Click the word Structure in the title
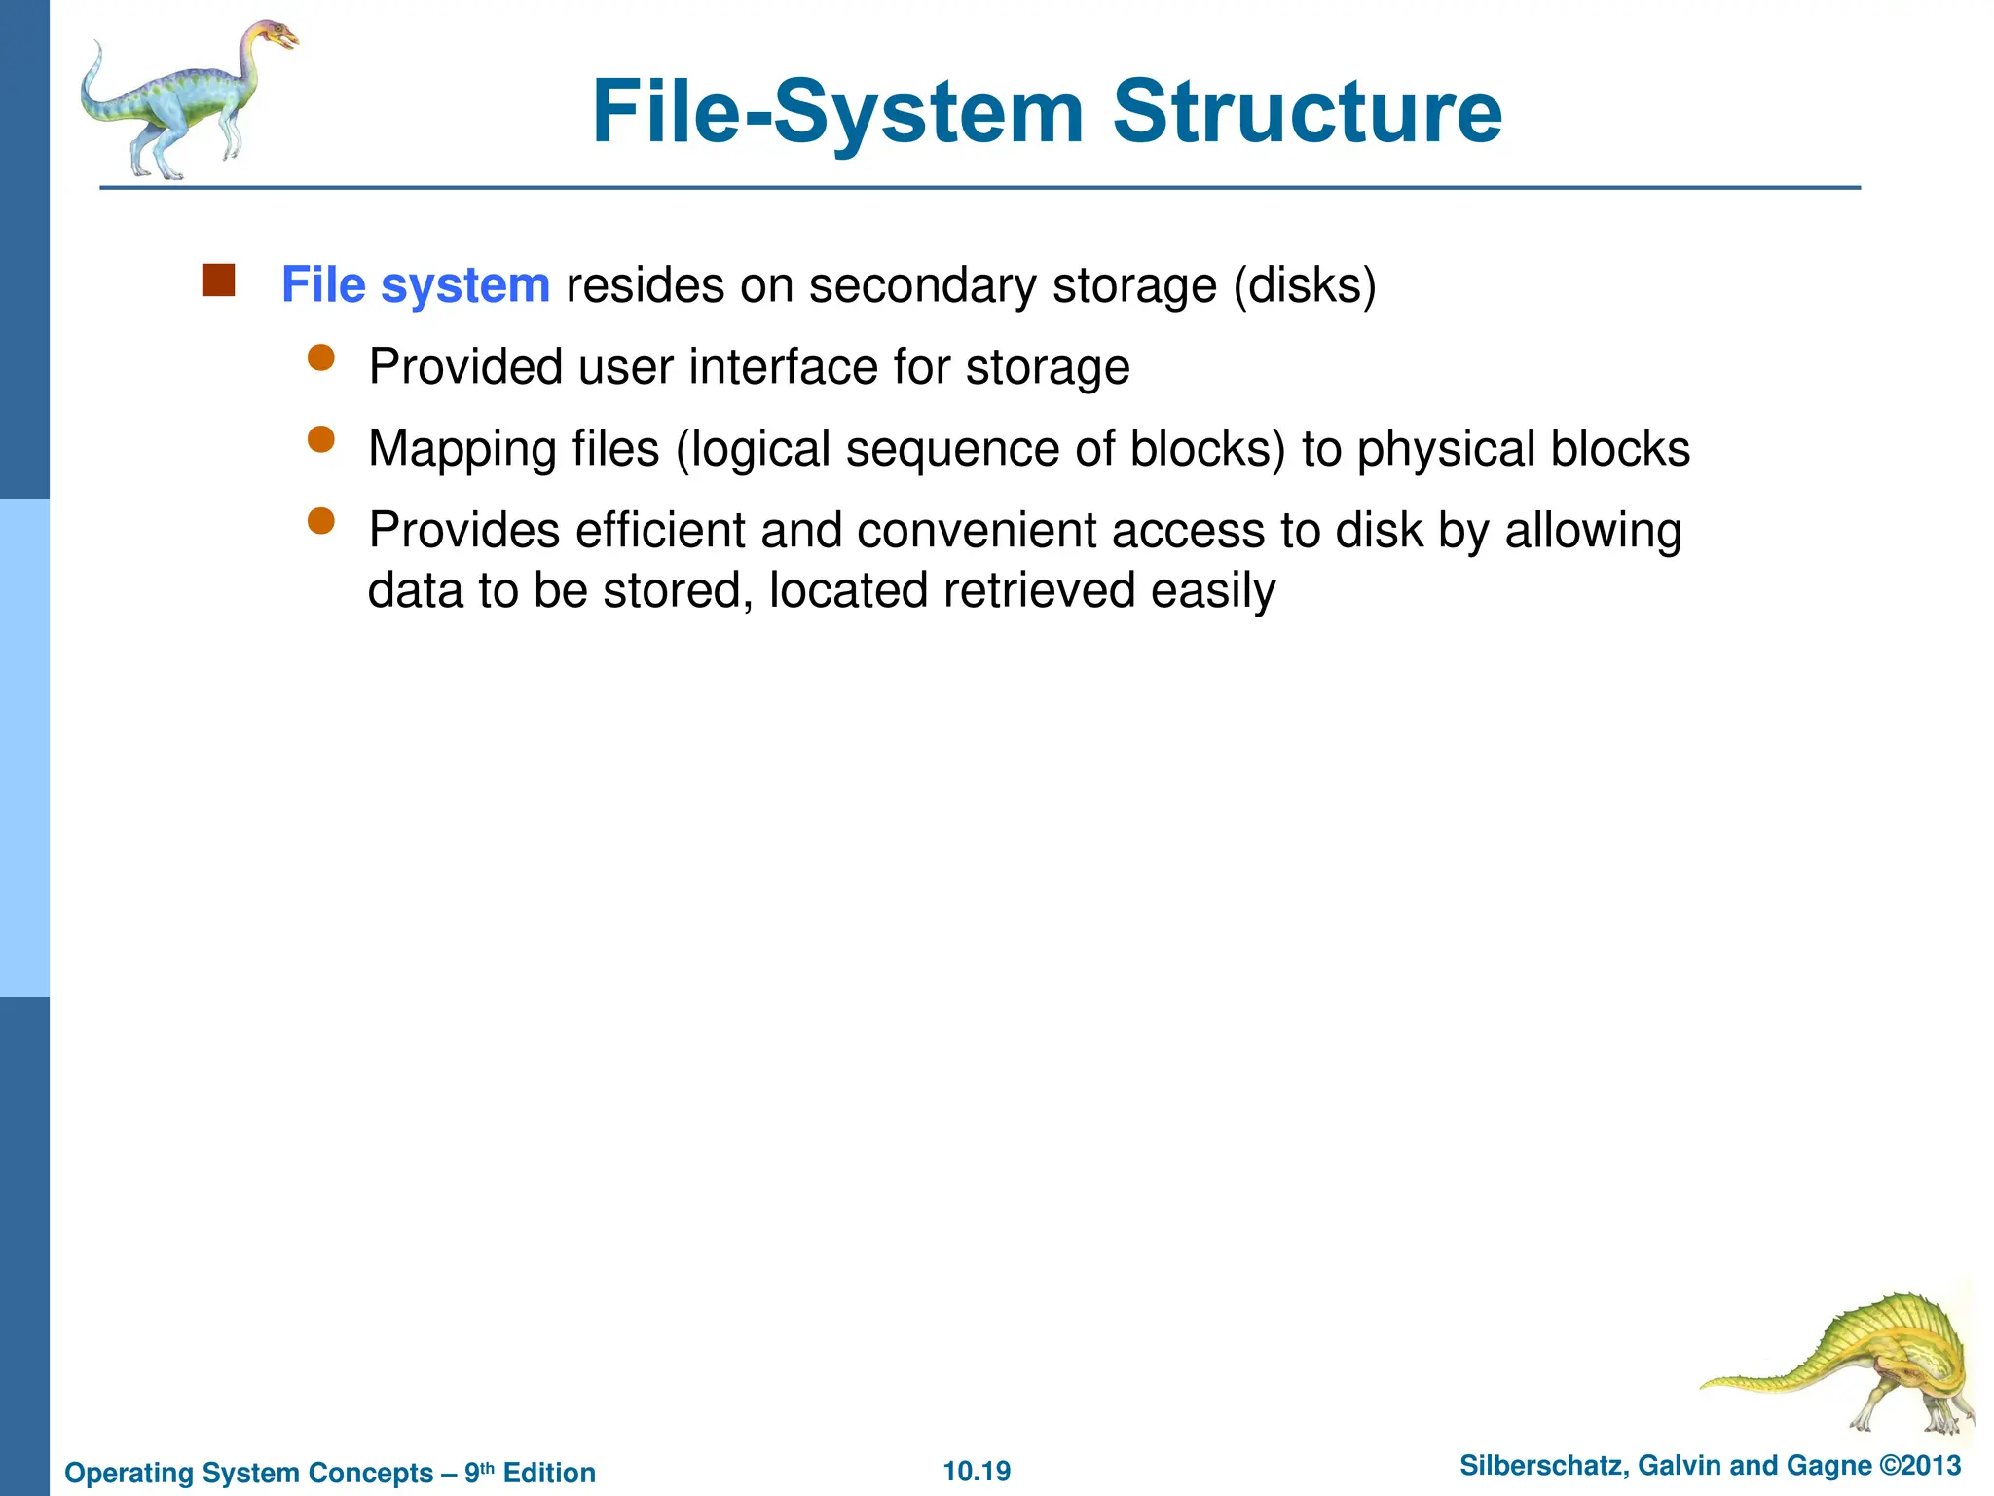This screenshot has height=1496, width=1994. point(1307,112)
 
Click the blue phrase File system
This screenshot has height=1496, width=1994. point(416,285)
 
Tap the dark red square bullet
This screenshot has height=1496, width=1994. point(218,280)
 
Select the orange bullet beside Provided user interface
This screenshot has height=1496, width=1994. point(320,358)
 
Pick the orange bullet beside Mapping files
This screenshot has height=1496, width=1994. point(320,440)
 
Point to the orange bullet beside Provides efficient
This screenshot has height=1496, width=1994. point(320,522)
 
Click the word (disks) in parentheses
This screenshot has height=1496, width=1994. point(1305,285)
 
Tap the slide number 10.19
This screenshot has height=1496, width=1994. point(977,1471)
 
